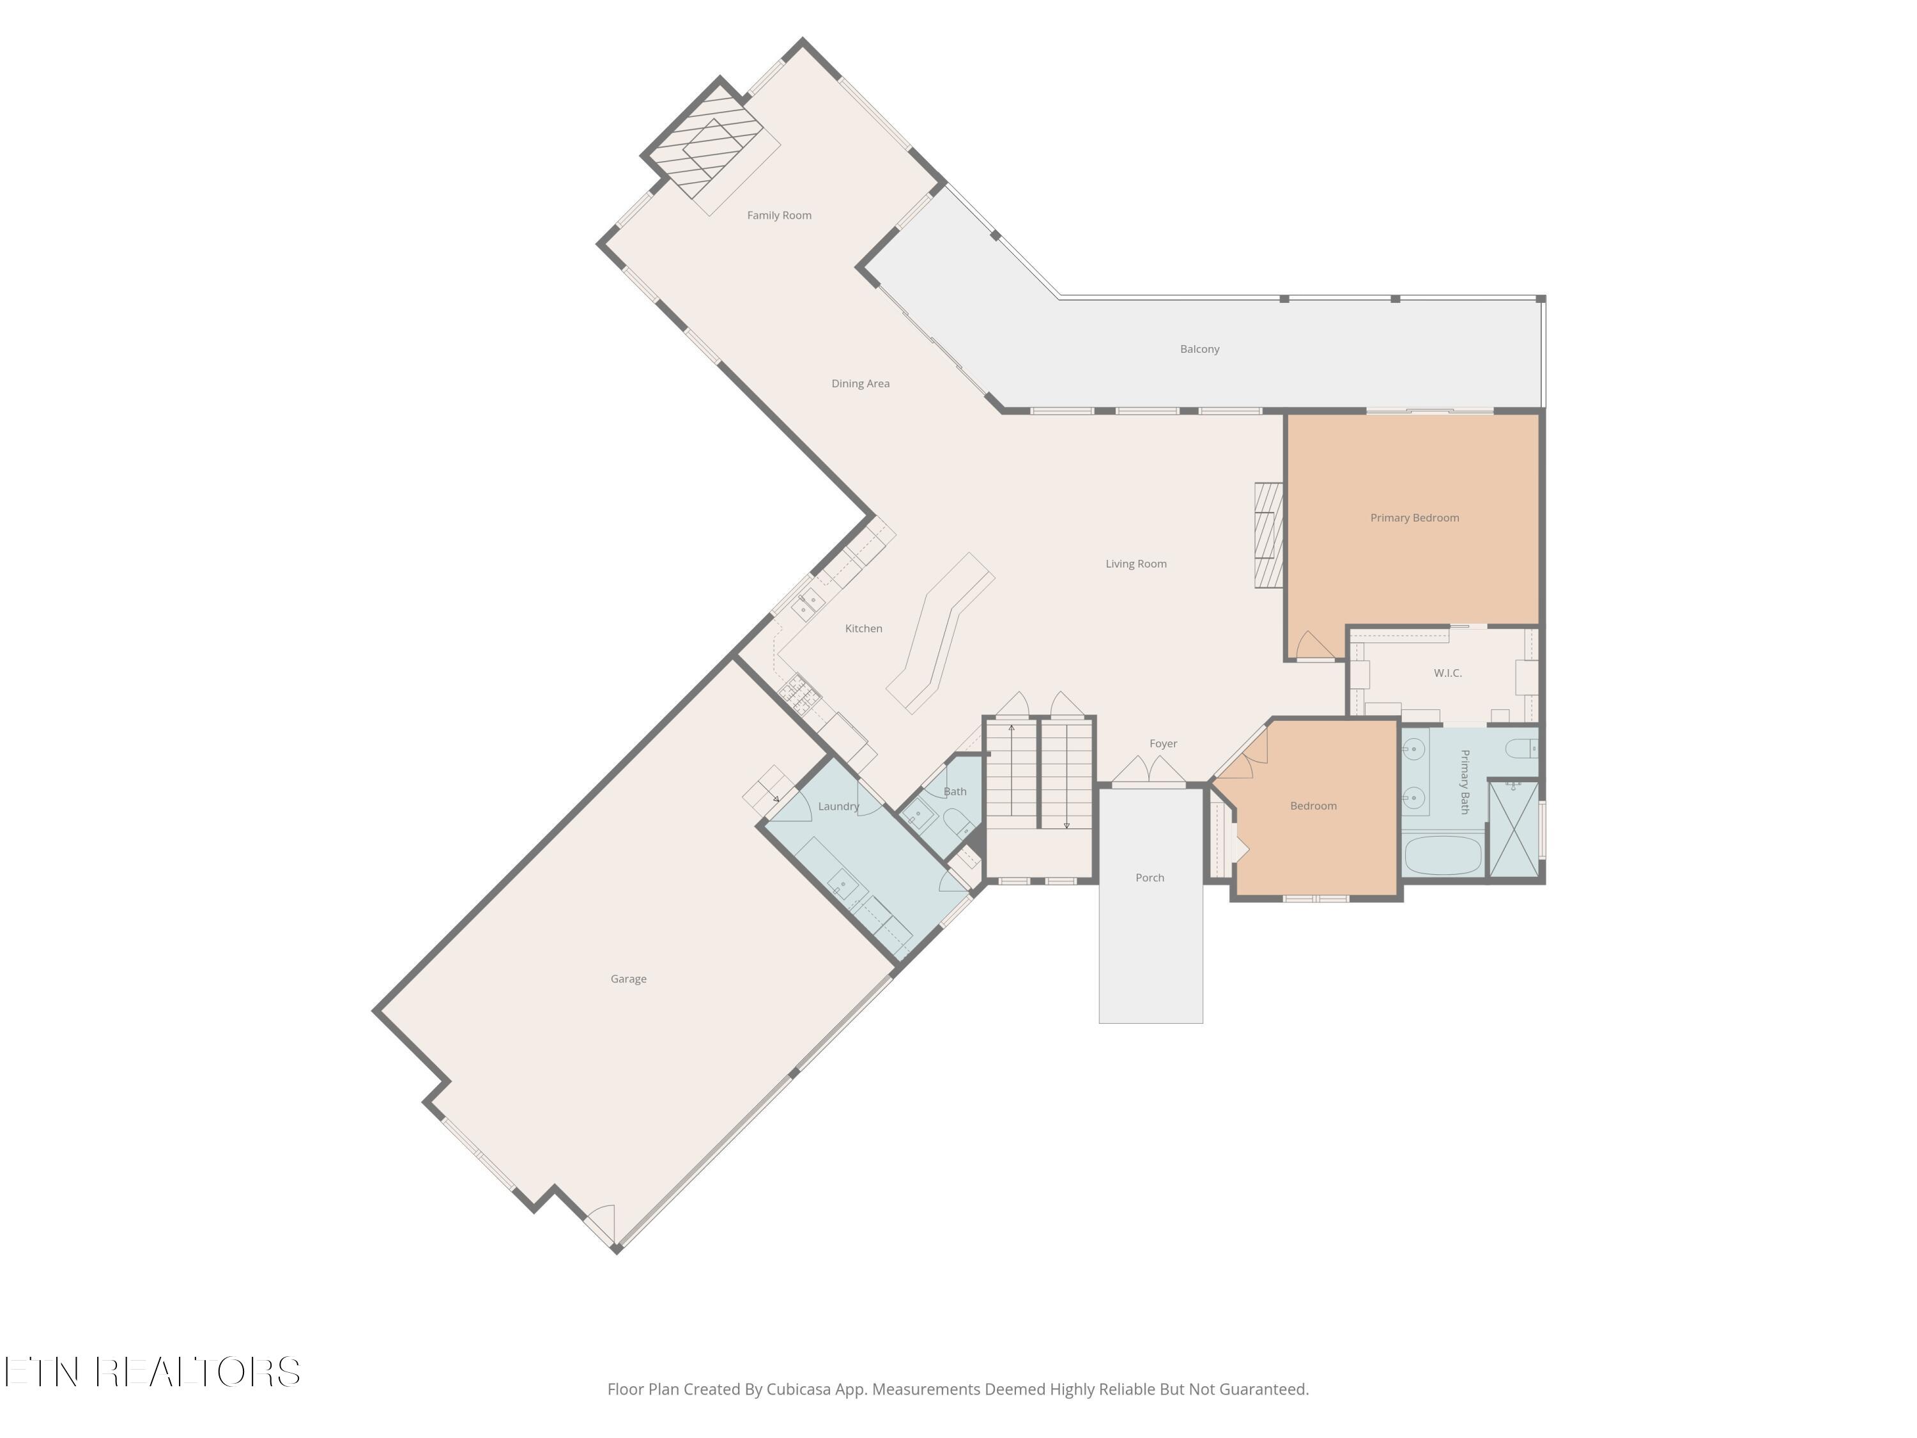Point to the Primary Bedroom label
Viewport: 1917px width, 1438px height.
click(1414, 518)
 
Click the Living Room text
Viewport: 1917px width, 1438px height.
click(1136, 564)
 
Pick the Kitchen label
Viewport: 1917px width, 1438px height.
click(863, 628)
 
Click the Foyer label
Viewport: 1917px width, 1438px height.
click(1163, 744)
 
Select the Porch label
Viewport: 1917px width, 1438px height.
click(1150, 878)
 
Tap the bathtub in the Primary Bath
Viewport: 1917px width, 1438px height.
click(1443, 854)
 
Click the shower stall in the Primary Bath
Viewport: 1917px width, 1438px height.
click(1514, 830)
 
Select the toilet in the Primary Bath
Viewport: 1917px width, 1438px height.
click(1521, 748)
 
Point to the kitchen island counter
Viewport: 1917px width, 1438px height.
click(941, 633)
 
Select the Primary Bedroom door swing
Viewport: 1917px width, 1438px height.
click(1314, 646)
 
